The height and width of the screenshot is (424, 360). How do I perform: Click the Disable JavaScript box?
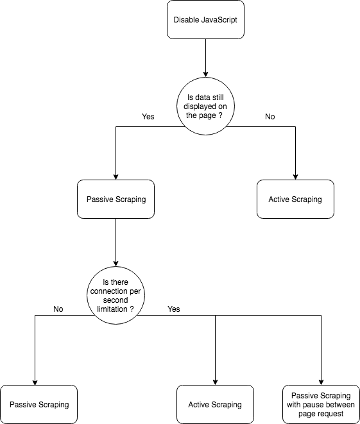(205, 20)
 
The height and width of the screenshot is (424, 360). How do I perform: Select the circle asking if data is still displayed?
(205, 106)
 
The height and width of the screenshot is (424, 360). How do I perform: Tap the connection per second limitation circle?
(116, 295)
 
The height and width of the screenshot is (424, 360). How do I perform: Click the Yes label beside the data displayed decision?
(148, 117)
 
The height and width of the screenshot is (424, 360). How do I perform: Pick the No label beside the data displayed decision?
(270, 117)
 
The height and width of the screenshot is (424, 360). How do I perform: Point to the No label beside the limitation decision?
(58, 309)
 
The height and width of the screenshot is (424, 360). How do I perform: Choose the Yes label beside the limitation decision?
(174, 309)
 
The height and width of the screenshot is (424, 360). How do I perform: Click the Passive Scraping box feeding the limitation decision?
(116, 199)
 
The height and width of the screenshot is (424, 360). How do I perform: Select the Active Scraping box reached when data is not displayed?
(295, 199)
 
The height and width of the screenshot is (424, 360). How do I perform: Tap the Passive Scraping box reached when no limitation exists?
(39, 405)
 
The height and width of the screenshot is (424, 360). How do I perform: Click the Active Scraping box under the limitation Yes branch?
(216, 405)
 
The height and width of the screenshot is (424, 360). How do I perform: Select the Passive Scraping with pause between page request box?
(321, 405)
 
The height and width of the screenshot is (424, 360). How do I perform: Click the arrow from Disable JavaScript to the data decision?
(205, 58)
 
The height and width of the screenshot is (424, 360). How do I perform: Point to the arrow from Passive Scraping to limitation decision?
(116, 242)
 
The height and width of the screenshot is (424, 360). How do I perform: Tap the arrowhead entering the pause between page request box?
(321, 382)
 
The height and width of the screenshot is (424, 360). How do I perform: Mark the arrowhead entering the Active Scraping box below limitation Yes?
(216, 382)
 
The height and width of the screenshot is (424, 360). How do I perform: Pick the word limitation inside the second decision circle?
(112, 309)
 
